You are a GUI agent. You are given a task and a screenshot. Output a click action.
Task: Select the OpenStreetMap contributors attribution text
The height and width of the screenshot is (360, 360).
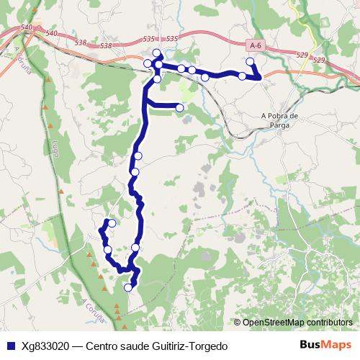pyautogui.click(x=297, y=323)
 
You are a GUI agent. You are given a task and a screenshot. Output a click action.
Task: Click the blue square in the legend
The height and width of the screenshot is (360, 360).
pyautogui.click(x=10, y=346)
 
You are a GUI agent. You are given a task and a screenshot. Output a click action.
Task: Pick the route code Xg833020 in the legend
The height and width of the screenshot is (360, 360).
pyautogui.click(x=45, y=346)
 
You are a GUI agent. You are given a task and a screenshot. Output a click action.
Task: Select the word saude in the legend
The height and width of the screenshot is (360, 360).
pyautogui.click(x=132, y=346)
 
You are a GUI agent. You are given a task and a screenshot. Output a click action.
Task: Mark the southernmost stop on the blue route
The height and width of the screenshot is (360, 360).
pyautogui.click(x=128, y=287)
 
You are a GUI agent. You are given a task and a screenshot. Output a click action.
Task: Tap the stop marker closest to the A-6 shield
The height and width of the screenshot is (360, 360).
pyautogui.click(x=250, y=62)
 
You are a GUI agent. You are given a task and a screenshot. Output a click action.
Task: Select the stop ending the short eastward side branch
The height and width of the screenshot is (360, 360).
pyautogui.click(x=179, y=108)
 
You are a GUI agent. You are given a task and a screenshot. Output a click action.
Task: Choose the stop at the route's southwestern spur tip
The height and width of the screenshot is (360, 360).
pyautogui.click(x=112, y=223)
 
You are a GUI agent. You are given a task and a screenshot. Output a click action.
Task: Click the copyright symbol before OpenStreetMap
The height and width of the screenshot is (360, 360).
pyautogui.click(x=237, y=323)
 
